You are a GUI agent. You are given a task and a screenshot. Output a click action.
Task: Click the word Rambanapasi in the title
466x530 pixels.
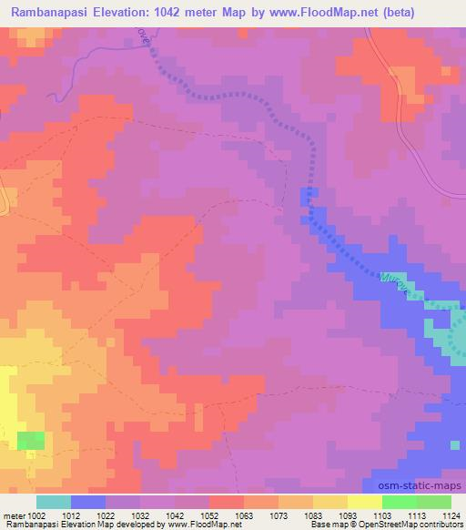pyautogui.click(x=51, y=13)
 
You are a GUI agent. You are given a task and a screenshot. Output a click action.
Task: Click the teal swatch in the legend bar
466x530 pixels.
pyautogui.click(x=54, y=502)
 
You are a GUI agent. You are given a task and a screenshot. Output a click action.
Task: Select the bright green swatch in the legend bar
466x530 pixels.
pyautogui.click(x=400, y=502)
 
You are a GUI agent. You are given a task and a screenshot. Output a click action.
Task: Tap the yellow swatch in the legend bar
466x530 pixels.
pyautogui.click(x=364, y=502)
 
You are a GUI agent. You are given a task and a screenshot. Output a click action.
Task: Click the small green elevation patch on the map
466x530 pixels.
pyautogui.click(x=30, y=440)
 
